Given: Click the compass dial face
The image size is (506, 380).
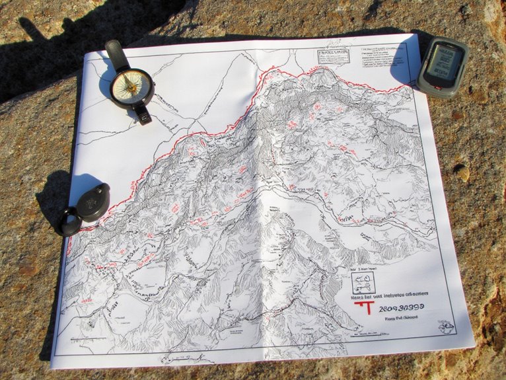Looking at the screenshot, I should pos(131,86).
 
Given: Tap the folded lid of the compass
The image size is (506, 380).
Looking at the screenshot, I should pos(117,54).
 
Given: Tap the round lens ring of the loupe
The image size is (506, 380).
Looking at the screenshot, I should pos(68,221).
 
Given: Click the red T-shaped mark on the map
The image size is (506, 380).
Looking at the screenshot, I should pos(361,309).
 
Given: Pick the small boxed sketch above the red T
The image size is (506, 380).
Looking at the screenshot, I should pos(363,283).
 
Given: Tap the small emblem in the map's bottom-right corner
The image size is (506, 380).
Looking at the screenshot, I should pos(447,326).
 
